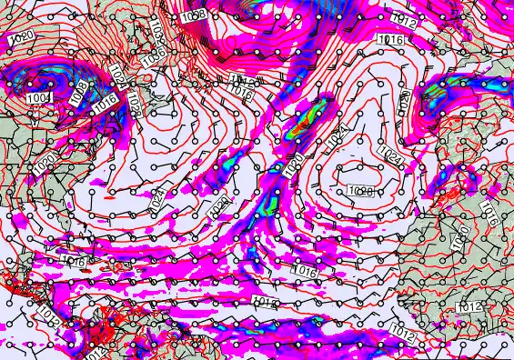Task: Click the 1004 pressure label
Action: [x=39, y=97]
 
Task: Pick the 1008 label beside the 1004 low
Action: [x=80, y=91]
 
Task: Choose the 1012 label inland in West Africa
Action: [x=469, y=307]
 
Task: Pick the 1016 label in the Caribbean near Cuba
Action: [x=75, y=262]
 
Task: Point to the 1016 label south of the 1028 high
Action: [x=305, y=270]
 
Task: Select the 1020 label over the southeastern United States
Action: [x=43, y=166]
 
